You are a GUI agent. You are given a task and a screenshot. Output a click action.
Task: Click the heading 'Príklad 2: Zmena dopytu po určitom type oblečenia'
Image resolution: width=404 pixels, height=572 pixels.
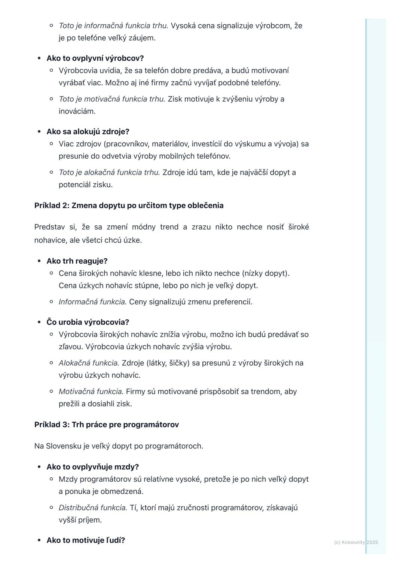click(x=129, y=206)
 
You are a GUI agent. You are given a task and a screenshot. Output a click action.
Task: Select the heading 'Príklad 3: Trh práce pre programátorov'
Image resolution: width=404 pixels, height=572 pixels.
click(x=106, y=425)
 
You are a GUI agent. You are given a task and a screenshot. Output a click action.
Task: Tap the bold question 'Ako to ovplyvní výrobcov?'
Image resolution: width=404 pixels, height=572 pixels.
click(x=95, y=58)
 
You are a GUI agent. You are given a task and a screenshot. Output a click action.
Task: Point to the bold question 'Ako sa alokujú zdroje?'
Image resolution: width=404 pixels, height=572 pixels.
click(x=88, y=132)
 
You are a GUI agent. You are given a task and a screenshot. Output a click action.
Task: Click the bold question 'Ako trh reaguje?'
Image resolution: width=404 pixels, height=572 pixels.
click(x=77, y=261)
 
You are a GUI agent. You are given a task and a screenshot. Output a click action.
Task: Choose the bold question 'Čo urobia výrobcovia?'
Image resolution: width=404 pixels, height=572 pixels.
click(x=88, y=322)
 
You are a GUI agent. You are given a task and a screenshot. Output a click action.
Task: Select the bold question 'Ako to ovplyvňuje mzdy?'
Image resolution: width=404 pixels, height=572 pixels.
click(x=92, y=467)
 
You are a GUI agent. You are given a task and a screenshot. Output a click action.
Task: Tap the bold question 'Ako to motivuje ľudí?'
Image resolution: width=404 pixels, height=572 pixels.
click(x=86, y=540)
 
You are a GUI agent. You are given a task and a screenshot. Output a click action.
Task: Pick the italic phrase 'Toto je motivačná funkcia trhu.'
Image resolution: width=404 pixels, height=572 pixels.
click(x=111, y=99)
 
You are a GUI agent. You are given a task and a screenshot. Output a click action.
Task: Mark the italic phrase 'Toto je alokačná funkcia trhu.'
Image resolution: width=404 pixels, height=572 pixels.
click(x=109, y=173)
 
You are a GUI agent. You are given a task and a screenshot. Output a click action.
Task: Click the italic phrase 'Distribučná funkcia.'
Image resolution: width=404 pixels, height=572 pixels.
click(x=93, y=508)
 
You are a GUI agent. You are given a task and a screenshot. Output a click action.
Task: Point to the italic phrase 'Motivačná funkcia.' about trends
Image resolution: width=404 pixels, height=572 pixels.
click(x=91, y=392)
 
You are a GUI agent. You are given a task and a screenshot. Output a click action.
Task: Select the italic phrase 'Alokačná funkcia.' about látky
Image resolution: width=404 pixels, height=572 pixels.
click(x=89, y=363)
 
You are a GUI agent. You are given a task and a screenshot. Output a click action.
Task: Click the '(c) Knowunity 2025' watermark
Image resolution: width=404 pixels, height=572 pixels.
click(x=356, y=542)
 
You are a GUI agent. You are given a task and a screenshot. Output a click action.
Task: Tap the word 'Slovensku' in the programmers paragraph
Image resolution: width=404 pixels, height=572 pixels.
click(x=62, y=446)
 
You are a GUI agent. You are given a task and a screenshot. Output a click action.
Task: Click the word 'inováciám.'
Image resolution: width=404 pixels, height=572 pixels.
click(x=77, y=111)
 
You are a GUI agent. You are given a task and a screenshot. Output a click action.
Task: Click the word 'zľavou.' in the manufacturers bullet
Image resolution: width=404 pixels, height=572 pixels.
click(x=71, y=347)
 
